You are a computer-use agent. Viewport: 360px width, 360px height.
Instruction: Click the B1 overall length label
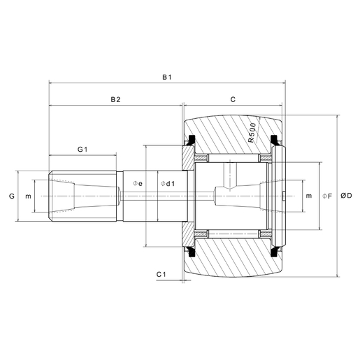(x=167, y=77)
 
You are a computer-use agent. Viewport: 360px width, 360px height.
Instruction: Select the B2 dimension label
(x=116, y=100)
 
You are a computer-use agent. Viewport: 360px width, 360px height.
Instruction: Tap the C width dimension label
(x=233, y=100)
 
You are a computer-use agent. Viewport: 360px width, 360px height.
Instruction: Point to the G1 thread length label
(x=82, y=150)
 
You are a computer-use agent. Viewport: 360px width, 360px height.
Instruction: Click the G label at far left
(x=12, y=196)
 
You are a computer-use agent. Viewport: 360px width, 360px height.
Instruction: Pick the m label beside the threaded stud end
(x=28, y=196)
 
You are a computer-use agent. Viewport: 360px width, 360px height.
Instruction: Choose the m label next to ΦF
(x=308, y=196)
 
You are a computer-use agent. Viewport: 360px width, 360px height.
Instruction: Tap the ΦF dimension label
(x=326, y=196)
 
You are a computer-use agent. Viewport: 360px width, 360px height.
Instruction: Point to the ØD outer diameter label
(x=346, y=196)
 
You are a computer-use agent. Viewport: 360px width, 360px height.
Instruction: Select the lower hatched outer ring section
(x=231, y=259)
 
